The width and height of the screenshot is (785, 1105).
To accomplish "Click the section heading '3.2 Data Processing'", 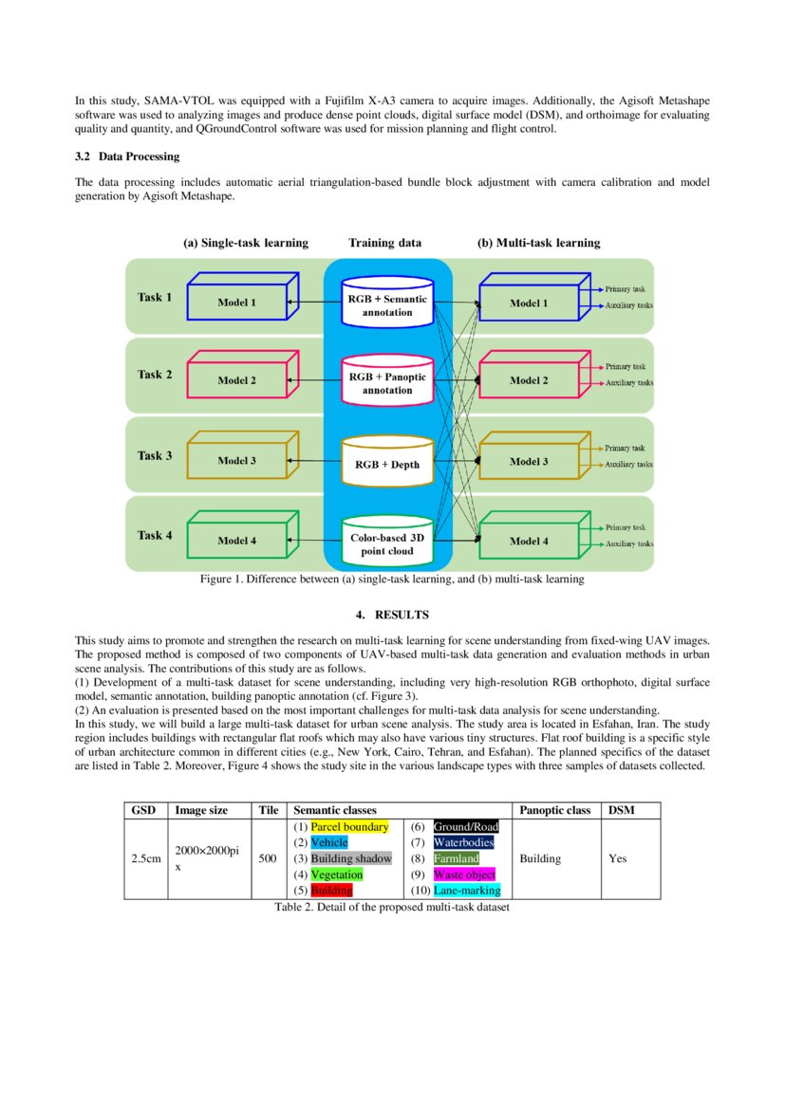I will (x=126, y=157).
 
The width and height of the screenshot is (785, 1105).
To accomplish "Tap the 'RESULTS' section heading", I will (x=392, y=615).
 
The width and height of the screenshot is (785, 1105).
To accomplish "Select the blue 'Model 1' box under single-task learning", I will (x=236, y=303).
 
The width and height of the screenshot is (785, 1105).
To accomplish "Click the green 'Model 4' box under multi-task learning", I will (x=529, y=542).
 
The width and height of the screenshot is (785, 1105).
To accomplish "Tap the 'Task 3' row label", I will (x=155, y=455).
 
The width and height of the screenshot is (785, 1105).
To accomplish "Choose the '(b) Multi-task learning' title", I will (x=538, y=243).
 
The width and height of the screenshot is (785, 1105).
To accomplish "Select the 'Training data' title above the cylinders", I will (x=384, y=243).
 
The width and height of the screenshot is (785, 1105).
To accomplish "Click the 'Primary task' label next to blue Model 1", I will (x=626, y=287).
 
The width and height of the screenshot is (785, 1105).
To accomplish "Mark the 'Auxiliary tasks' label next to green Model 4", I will (x=629, y=544).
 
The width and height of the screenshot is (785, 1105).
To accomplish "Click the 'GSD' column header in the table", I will (x=142, y=810).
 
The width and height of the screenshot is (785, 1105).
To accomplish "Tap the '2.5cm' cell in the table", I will (x=145, y=858).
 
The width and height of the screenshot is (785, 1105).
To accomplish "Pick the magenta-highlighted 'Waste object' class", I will (x=464, y=875).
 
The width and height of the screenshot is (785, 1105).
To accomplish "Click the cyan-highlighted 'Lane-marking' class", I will (x=467, y=891).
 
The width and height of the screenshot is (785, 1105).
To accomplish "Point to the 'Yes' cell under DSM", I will (x=617, y=858).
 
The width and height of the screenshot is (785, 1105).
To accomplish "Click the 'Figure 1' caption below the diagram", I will (x=391, y=579).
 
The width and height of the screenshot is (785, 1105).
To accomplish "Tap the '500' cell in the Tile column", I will (x=268, y=858).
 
